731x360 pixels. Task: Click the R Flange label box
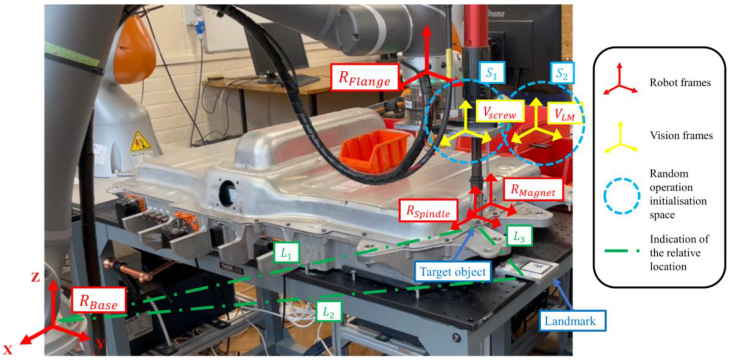coord(365,77)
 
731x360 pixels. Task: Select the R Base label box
coord(99,300)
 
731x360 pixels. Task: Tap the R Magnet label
coord(533,190)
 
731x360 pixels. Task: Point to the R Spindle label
coord(428,210)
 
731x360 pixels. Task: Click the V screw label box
coord(499,111)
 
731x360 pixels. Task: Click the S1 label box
coord(491,72)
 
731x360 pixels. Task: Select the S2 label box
coord(562,73)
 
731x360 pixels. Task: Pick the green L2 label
coord(328,311)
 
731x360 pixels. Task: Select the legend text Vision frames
coord(681,135)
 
